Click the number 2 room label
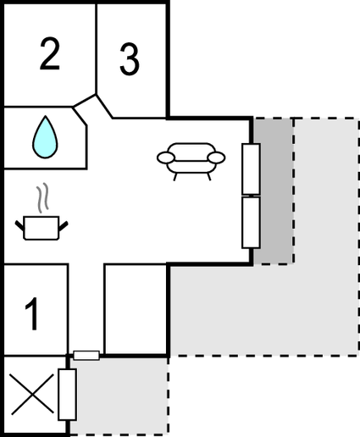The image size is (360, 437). click(x=50, y=53)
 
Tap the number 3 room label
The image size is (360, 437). click(x=130, y=59)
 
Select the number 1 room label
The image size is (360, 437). click(x=32, y=313)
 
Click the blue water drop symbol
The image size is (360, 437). click(x=45, y=137)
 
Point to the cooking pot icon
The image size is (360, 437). click(x=42, y=228)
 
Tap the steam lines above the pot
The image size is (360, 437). click(x=42, y=198)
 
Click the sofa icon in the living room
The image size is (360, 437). click(x=191, y=161)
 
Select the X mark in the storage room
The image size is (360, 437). click(x=31, y=394)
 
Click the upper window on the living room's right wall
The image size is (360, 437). click(x=251, y=169)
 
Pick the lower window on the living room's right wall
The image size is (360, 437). click(x=251, y=223)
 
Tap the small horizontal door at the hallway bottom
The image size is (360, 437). click(x=86, y=356)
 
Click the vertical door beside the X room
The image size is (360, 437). click(x=67, y=395)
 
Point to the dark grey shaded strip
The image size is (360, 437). click(x=274, y=191)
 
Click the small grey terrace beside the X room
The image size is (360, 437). click(x=119, y=396)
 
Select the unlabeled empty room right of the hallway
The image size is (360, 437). click(x=136, y=309)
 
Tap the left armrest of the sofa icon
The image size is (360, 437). click(x=166, y=158)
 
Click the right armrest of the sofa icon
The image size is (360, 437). click(x=217, y=158)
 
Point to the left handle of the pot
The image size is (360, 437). click(x=19, y=226)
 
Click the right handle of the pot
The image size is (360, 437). click(x=64, y=226)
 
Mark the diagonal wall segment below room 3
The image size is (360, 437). click(x=104, y=107)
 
